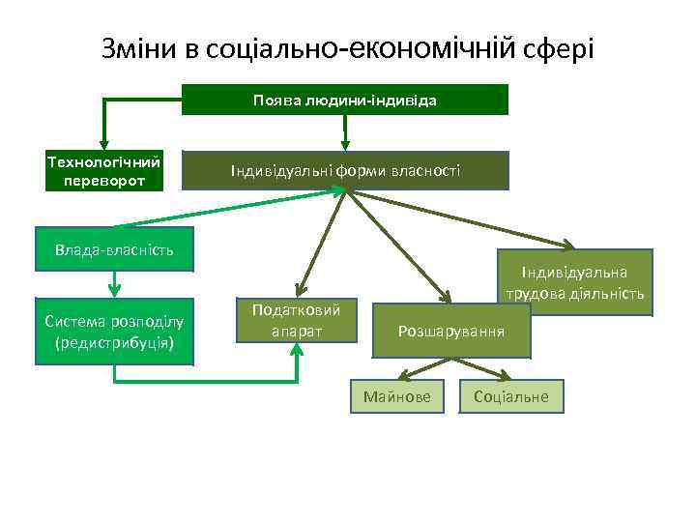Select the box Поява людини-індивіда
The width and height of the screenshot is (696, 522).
point(345,100)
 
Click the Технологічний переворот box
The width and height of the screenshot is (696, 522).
point(104,171)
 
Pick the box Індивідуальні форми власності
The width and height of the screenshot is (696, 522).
point(345,171)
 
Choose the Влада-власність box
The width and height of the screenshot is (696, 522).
point(114,250)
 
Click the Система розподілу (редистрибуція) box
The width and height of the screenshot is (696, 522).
point(114,331)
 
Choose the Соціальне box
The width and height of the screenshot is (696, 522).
point(511,396)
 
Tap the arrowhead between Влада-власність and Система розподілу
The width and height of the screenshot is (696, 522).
point(114,289)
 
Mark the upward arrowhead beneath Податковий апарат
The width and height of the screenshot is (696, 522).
point(297,349)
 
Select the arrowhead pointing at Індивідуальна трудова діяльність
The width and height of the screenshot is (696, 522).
point(565,246)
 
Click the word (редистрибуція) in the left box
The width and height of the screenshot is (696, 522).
point(114,341)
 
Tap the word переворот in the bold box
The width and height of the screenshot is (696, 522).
point(104,181)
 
